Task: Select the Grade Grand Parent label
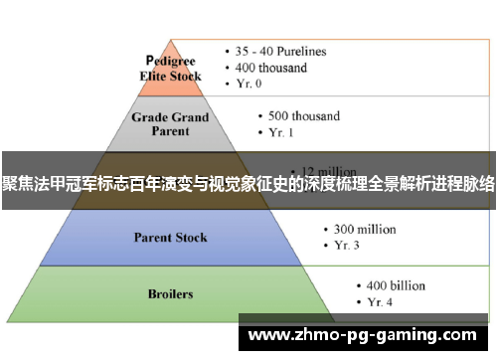point(170,123)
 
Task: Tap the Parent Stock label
point(170,238)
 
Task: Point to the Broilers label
point(170,294)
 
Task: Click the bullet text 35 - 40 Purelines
point(280,51)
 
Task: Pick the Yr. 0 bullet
point(253,85)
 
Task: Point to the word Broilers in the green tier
point(170,294)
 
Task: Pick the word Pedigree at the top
point(171,59)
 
